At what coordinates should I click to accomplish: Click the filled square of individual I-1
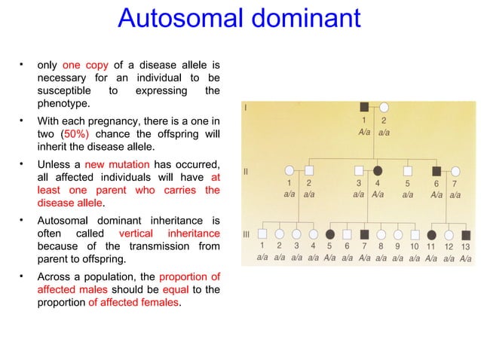pos(364,107)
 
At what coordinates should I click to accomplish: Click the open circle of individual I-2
pos(383,107)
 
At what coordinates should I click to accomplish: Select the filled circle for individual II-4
pos(378,170)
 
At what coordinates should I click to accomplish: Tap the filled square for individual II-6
pos(436,171)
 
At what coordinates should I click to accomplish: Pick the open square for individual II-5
pos(407,170)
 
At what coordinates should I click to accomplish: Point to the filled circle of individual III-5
pos(329,234)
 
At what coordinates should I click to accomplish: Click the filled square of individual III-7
pos(364,234)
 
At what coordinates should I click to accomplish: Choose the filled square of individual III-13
pos(465,234)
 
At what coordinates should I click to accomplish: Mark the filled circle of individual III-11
pos(431,234)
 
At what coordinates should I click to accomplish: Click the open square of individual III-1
pos(262,234)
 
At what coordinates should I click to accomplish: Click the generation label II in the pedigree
pos(246,172)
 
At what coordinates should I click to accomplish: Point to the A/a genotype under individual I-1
pos(364,132)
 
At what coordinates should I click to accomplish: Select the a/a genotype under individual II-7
pos(455,194)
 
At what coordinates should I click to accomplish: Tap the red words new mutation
pos(117,165)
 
